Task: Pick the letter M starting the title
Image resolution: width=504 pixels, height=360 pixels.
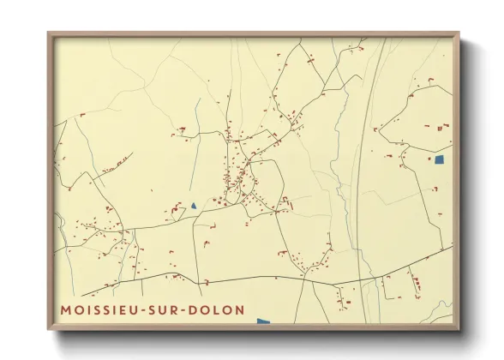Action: point(66,309)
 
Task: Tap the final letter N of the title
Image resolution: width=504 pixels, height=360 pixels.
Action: point(239,309)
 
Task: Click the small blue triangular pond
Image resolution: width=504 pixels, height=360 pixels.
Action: point(195,206)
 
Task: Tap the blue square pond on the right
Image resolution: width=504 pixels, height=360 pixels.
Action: point(441,159)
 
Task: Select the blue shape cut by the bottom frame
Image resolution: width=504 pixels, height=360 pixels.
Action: point(263,321)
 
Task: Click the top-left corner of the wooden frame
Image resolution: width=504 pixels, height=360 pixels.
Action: point(50,34)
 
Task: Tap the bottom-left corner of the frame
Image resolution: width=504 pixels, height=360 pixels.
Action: point(50,328)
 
